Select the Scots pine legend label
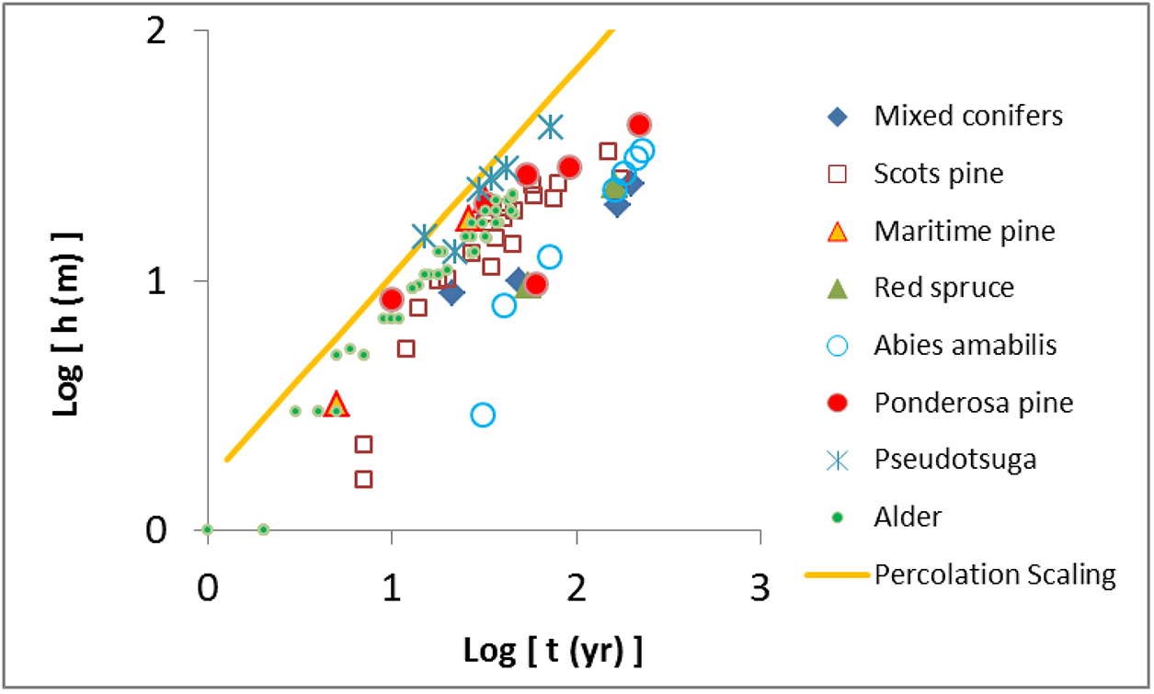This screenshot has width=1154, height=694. (x=939, y=174)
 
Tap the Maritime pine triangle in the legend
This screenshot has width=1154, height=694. (x=837, y=231)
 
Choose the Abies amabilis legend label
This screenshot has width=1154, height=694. (x=965, y=345)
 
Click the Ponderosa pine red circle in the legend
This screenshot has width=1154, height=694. (x=837, y=402)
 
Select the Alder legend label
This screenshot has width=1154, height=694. (x=908, y=517)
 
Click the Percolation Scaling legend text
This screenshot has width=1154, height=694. (x=995, y=575)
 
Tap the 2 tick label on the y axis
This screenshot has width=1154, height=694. (x=175, y=30)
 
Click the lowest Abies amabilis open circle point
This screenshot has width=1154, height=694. (x=483, y=415)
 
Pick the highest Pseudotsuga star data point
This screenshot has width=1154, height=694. (x=550, y=127)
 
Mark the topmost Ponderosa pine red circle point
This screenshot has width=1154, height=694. (x=639, y=125)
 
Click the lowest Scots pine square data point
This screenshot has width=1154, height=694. (x=363, y=479)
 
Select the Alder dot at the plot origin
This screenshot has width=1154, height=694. (x=208, y=529)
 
